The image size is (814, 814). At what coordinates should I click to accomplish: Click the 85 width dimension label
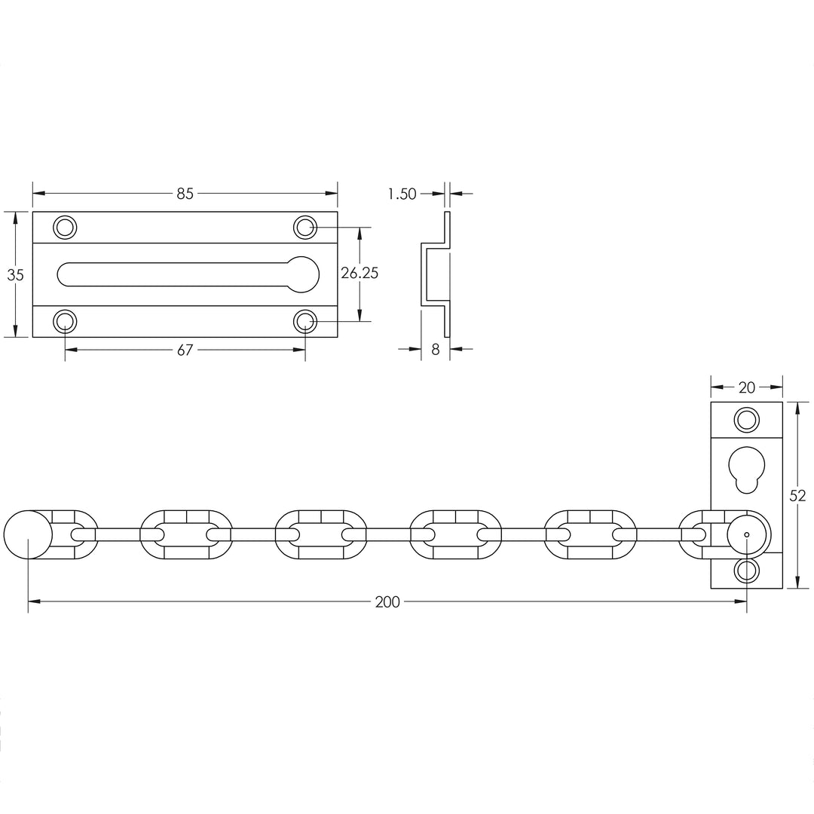point(185,194)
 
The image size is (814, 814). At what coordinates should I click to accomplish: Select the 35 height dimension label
point(15,275)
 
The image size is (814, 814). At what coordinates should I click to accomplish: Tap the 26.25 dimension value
point(360,274)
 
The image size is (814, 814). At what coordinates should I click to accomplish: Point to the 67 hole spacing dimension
point(185,350)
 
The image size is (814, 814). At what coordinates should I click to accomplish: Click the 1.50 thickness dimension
point(402,194)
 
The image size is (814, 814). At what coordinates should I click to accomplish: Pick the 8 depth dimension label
point(435,350)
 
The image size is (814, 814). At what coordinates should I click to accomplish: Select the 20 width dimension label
point(746,387)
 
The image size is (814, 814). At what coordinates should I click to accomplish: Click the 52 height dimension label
point(798,495)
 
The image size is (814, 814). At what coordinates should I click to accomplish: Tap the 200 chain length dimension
point(387,601)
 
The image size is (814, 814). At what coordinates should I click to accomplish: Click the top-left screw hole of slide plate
point(65,227)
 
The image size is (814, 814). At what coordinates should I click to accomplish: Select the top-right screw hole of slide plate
point(304,227)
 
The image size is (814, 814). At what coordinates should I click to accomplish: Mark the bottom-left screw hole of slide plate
point(65,322)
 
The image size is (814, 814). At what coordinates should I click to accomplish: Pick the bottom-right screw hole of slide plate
point(304,322)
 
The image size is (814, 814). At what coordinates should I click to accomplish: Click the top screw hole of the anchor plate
point(746,419)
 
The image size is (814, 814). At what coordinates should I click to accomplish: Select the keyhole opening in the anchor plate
point(746,469)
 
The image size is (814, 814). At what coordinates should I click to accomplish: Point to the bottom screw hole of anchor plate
point(746,570)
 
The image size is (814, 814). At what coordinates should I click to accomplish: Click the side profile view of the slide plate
point(436,274)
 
